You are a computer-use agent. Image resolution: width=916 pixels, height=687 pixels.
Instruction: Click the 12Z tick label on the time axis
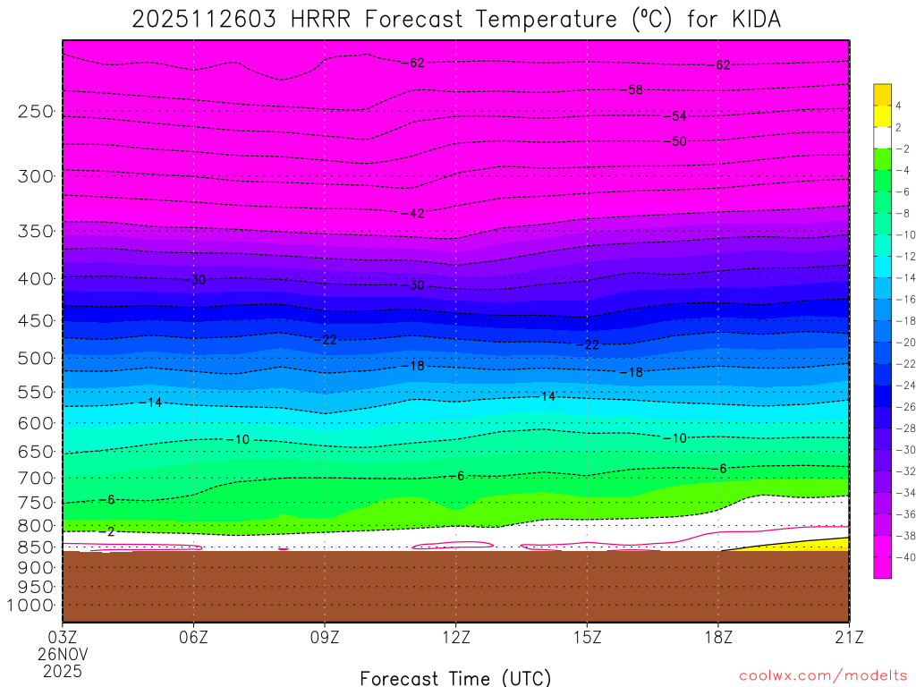click(455, 639)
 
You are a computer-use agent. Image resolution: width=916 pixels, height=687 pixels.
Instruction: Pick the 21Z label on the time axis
click(848, 639)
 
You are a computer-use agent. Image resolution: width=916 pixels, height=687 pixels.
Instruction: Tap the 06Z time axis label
click(194, 639)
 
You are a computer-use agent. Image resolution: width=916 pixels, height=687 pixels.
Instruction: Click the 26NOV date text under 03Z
click(63, 655)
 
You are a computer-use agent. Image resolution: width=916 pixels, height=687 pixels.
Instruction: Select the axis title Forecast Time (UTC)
click(455, 677)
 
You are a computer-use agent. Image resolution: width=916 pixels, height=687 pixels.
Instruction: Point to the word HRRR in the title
click(318, 20)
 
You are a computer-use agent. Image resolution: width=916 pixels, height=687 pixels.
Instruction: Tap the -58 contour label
click(634, 90)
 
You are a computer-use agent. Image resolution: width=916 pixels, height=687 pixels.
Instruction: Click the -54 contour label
click(677, 116)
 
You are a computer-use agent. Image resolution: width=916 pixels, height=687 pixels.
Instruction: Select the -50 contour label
click(677, 141)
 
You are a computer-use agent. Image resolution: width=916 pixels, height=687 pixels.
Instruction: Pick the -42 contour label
click(413, 213)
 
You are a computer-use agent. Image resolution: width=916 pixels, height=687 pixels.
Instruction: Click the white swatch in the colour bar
click(883, 137)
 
